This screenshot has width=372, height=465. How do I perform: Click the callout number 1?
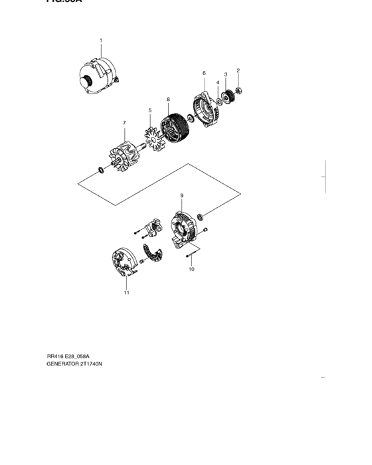pyautogui.click(x=100, y=41)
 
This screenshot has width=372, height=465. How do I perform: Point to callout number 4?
pyautogui.click(x=217, y=83)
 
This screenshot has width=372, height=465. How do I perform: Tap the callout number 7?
pyautogui.click(x=124, y=123)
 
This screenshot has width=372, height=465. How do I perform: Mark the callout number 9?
pyautogui.click(x=182, y=195)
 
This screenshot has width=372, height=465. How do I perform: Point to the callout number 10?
pyautogui.click(x=191, y=270)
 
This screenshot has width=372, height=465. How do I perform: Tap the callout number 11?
pyautogui.click(x=126, y=292)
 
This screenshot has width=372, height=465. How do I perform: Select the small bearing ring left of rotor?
pyautogui.click(x=100, y=171)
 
